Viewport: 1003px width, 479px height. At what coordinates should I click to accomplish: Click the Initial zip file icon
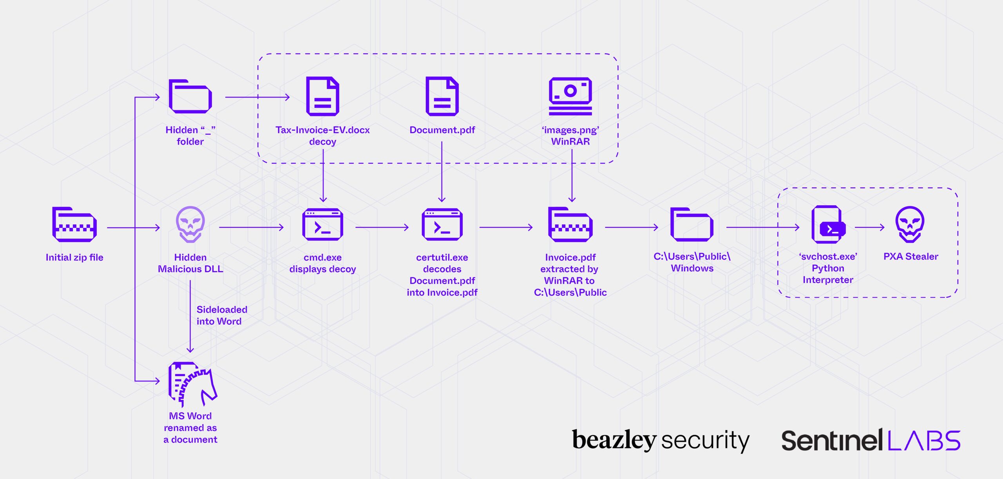pos(74,224)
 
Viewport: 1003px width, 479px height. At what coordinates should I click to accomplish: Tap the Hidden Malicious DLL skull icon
pos(190,224)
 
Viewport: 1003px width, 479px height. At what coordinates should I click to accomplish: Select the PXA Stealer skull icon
pos(910,224)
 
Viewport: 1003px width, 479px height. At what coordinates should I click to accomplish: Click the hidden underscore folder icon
pos(190,96)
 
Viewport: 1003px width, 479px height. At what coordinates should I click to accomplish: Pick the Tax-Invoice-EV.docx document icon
pos(322,96)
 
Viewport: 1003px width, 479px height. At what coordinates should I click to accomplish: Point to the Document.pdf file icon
pos(442,96)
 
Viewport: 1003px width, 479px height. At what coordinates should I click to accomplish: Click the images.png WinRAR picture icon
pos(570,96)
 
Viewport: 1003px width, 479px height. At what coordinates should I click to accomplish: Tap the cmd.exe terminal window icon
pos(322,224)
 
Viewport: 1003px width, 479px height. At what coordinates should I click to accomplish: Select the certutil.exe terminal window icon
pos(442,224)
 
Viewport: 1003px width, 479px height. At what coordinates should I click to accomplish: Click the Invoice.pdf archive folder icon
pos(570,224)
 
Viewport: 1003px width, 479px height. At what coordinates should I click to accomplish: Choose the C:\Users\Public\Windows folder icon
pos(692,224)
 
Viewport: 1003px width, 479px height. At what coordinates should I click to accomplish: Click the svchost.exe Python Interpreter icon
pos(828,224)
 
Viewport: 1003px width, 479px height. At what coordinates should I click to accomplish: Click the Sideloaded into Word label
pos(221,315)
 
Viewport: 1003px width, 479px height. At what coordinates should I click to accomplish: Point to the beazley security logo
pos(661,440)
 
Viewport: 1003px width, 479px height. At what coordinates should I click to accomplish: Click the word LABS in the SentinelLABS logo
pos(924,441)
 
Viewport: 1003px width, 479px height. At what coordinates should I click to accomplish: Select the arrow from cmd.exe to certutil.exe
pos(382,227)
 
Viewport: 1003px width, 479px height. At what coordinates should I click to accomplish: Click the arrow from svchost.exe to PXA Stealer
pos(869,227)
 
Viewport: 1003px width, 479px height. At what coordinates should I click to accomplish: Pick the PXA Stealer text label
pos(911,257)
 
